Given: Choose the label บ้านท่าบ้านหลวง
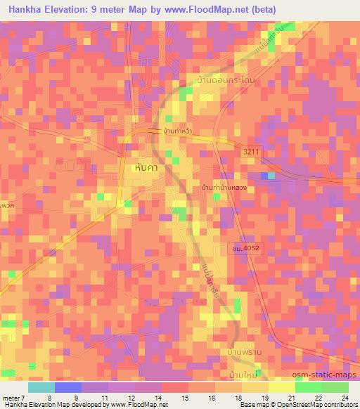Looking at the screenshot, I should click(223, 188).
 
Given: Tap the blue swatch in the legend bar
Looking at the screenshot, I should click(68, 387).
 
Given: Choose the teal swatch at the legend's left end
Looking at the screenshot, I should click(41, 387).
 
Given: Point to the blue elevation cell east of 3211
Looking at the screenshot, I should click(265, 176).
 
